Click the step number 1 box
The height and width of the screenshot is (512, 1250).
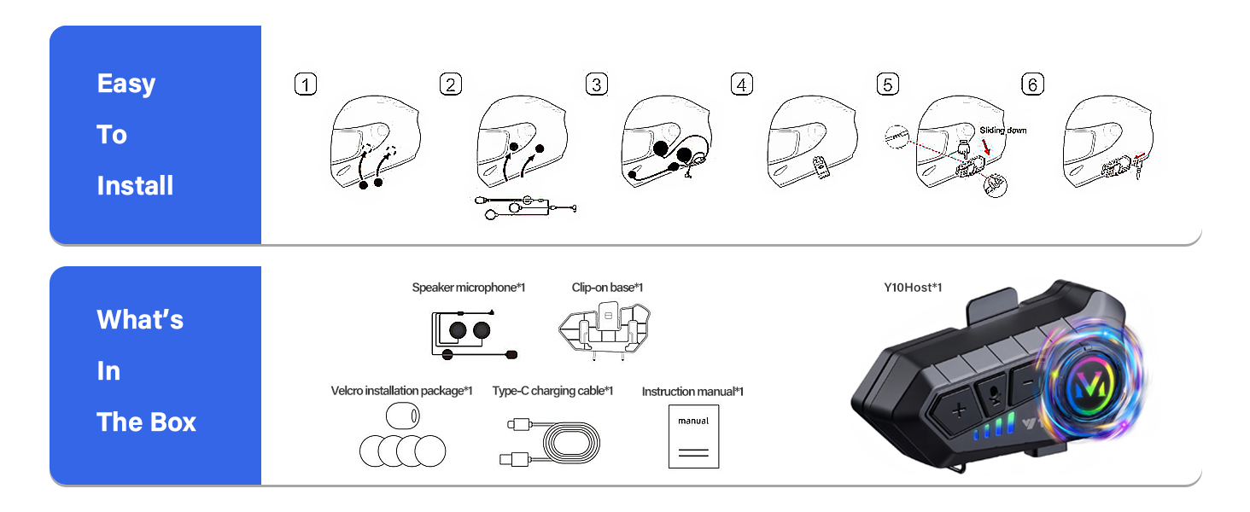[x=305, y=84]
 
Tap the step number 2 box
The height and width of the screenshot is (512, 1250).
[x=450, y=84]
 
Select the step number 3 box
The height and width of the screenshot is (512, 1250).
[x=597, y=84]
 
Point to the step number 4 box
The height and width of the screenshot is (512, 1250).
[x=742, y=84]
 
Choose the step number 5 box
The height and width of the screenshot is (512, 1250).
[x=888, y=84]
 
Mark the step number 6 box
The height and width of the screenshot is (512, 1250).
[x=1032, y=84]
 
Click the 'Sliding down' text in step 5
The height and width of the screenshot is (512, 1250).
[x=1003, y=131]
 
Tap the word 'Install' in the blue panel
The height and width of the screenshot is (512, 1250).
[x=135, y=186]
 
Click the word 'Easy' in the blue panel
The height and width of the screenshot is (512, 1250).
[x=126, y=84]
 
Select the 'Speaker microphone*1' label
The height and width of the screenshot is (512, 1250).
[x=468, y=288]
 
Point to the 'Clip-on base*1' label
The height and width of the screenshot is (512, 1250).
[x=607, y=288]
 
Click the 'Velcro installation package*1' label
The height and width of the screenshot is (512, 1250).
[x=401, y=391]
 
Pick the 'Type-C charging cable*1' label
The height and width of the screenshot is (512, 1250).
[x=552, y=391]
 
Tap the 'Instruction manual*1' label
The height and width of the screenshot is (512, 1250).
[x=692, y=392]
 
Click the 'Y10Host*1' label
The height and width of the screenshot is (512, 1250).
[x=913, y=288]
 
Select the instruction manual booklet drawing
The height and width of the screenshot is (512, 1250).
[x=693, y=436]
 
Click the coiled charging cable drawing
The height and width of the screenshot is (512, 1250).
[x=551, y=442]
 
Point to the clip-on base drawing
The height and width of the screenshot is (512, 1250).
[x=607, y=329]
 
